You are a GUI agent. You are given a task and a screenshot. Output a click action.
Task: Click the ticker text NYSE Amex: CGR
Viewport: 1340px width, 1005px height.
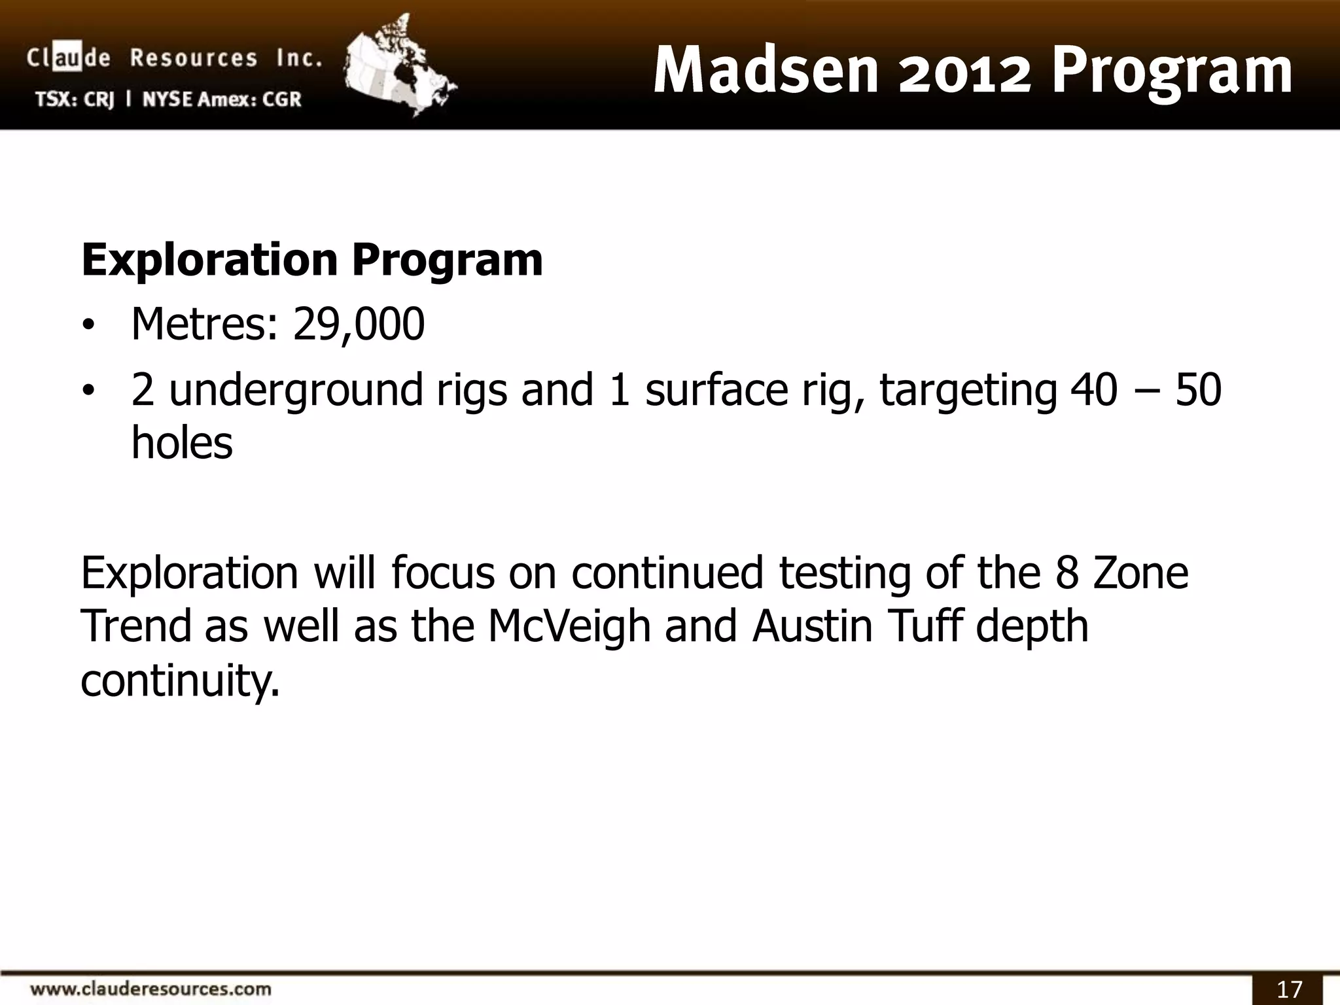[222, 99]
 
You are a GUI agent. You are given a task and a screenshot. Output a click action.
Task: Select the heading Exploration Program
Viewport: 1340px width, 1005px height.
[312, 260]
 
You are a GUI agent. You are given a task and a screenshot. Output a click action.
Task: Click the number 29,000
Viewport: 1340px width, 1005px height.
[359, 325]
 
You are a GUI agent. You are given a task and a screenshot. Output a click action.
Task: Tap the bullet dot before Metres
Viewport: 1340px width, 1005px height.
[88, 326]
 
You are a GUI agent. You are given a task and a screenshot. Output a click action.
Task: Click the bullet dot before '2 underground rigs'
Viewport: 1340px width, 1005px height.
[88, 391]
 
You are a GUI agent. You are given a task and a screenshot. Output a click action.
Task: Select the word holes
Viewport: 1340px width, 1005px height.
[182, 444]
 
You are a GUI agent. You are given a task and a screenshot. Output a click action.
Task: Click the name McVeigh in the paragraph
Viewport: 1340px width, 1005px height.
[569, 626]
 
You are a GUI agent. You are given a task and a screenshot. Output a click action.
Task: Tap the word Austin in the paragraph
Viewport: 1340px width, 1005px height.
[812, 626]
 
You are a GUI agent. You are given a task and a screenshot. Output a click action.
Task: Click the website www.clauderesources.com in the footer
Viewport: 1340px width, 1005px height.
[150, 987]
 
